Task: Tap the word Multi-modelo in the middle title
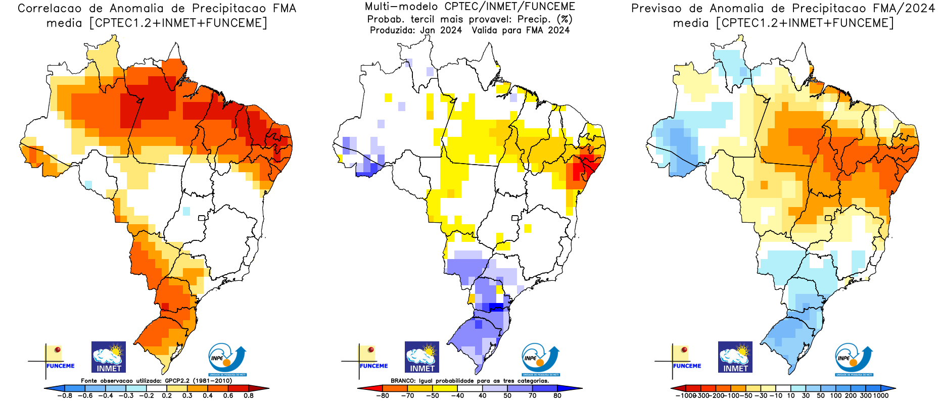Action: (401, 7)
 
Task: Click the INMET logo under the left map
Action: (109, 357)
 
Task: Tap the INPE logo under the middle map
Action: (540, 360)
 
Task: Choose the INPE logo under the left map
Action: (227, 360)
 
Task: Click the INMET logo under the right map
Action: (735, 357)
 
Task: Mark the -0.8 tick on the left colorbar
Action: (65, 395)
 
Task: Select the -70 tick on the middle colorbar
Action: (407, 395)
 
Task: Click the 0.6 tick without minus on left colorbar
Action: (228, 395)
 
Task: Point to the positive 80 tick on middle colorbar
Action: (557, 395)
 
